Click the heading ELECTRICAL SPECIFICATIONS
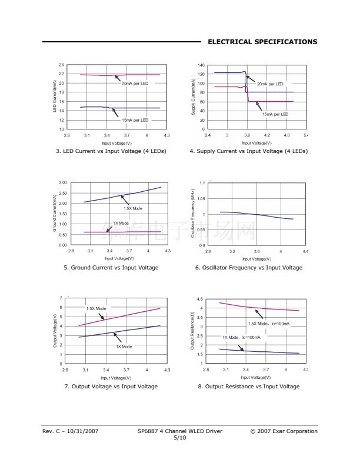262,42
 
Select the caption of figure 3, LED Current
111,151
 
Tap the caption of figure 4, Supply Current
248,151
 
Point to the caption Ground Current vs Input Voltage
111,268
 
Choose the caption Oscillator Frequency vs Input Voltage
248,268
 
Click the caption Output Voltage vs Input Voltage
111,387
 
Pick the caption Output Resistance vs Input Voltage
248,387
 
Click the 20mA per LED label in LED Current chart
135,84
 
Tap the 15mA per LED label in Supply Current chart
275,114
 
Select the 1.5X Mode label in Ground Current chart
133,208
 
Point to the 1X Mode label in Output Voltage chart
124,347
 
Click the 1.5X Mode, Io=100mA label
268,324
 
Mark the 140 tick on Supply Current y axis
201,65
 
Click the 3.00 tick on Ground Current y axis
62,183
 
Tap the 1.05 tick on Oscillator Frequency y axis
202,199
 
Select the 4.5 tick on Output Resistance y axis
201,299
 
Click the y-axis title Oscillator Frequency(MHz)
193,214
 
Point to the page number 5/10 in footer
179,438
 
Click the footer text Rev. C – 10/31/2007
70,431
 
